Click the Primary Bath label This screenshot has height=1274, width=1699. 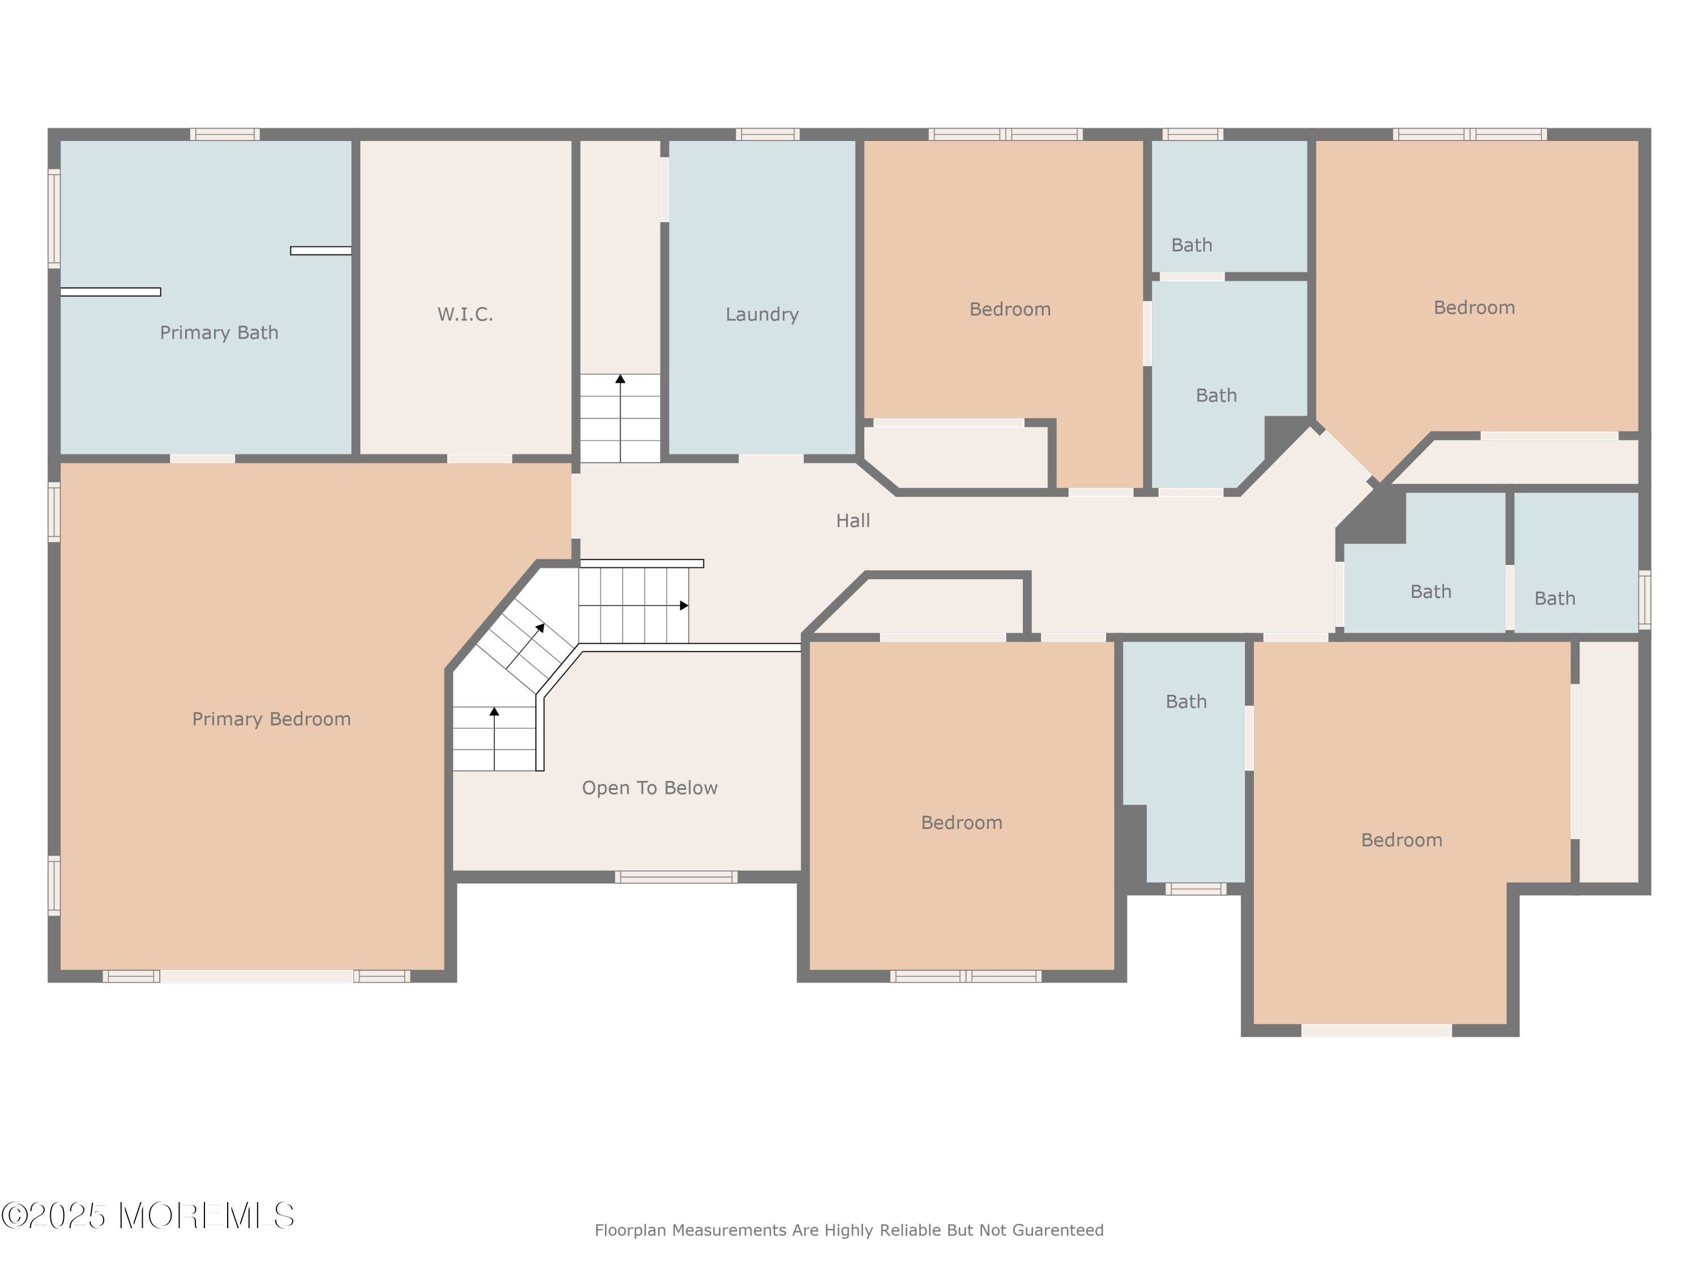(219, 332)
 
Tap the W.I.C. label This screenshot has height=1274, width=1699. (465, 314)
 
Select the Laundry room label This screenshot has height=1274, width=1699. (762, 314)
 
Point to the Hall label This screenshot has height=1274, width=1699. (852, 521)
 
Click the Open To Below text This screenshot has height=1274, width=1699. (650, 788)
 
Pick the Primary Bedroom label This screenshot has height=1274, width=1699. (271, 719)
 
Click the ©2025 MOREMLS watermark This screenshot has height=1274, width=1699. (147, 1216)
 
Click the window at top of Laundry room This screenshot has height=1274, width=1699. (767, 134)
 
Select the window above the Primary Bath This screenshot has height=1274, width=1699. (225, 134)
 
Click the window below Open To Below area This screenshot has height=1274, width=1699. (676, 877)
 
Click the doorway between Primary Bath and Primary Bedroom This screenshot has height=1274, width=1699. (202, 459)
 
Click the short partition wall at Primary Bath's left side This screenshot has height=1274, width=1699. (110, 292)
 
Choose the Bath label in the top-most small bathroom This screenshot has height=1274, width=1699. (1192, 246)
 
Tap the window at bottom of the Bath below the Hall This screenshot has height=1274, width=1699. (1195, 890)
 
